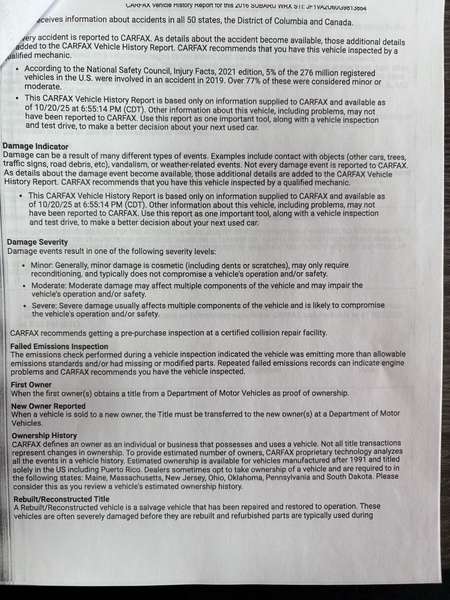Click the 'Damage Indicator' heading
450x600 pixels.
point(35,146)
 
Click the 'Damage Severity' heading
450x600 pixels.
point(37,242)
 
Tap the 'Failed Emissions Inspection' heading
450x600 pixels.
point(59,346)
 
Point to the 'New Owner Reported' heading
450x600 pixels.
point(48,406)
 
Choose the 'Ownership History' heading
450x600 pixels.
point(44,435)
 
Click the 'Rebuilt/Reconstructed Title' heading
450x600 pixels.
point(61,499)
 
